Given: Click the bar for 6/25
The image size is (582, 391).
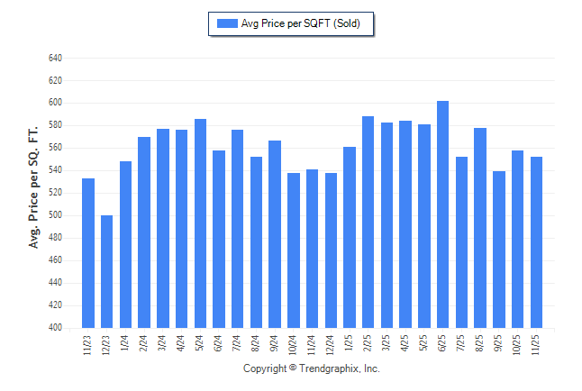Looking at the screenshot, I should (442, 214).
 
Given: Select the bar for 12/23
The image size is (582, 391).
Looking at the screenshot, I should (106, 271).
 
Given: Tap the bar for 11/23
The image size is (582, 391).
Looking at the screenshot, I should (88, 253).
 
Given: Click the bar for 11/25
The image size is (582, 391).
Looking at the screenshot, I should (536, 242).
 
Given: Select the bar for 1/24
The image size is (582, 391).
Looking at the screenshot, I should (125, 244).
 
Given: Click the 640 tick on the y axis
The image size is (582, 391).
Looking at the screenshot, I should (55, 58).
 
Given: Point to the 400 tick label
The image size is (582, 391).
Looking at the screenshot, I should (55, 328).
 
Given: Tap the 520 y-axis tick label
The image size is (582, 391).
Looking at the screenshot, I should (55, 193).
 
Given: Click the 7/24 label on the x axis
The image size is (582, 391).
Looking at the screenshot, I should (238, 343).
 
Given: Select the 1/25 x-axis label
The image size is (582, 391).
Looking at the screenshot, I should (350, 343).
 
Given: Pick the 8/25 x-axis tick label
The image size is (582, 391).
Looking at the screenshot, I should (480, 343).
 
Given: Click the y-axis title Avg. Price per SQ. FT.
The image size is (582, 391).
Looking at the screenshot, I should (33, 186).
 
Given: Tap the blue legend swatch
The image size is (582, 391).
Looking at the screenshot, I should (227, 23).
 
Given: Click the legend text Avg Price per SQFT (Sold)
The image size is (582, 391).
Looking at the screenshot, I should (301, 23).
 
